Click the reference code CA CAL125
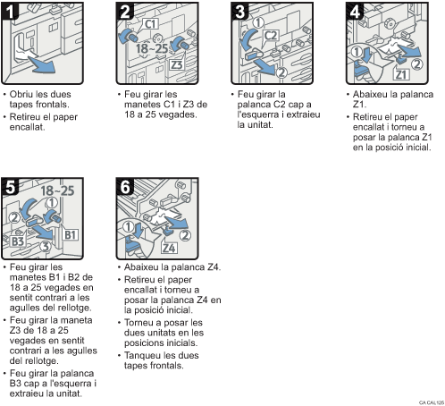(427, 402)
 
